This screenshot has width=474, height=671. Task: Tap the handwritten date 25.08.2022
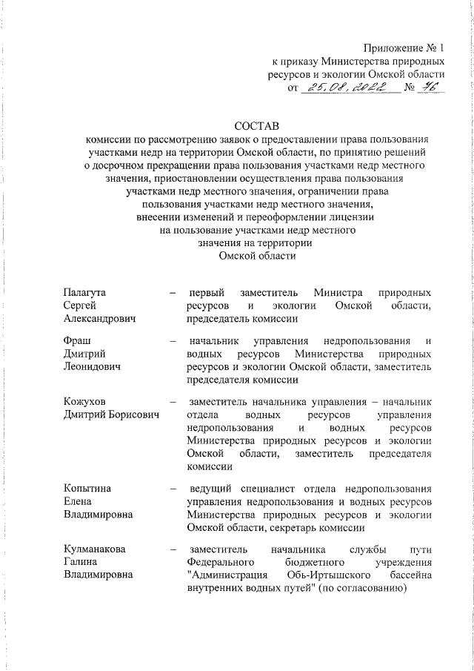(347, 90)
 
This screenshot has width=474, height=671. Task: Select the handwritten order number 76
(429, 89)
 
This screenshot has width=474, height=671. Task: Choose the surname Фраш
(76, 340)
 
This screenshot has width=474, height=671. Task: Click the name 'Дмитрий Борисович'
(111, 415)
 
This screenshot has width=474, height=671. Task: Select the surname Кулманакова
(94, 549)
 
